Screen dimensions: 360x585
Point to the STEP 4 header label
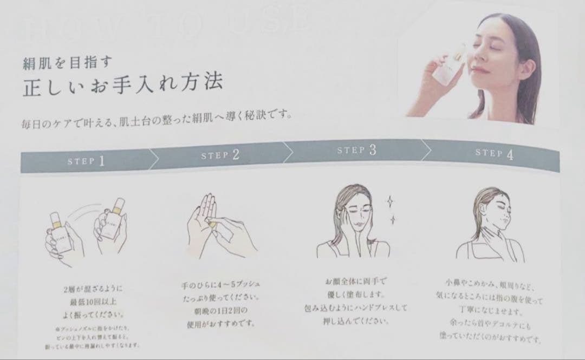493,153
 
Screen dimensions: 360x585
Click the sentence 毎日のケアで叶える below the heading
157,117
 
